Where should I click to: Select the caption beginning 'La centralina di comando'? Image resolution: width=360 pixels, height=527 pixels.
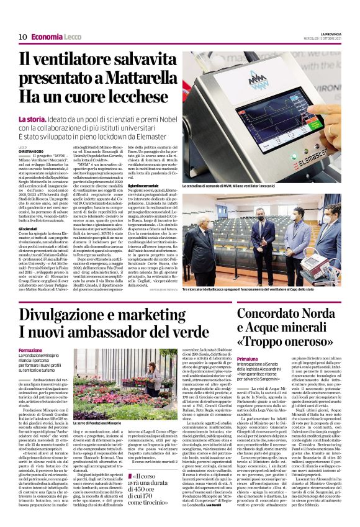click(235, 186)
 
